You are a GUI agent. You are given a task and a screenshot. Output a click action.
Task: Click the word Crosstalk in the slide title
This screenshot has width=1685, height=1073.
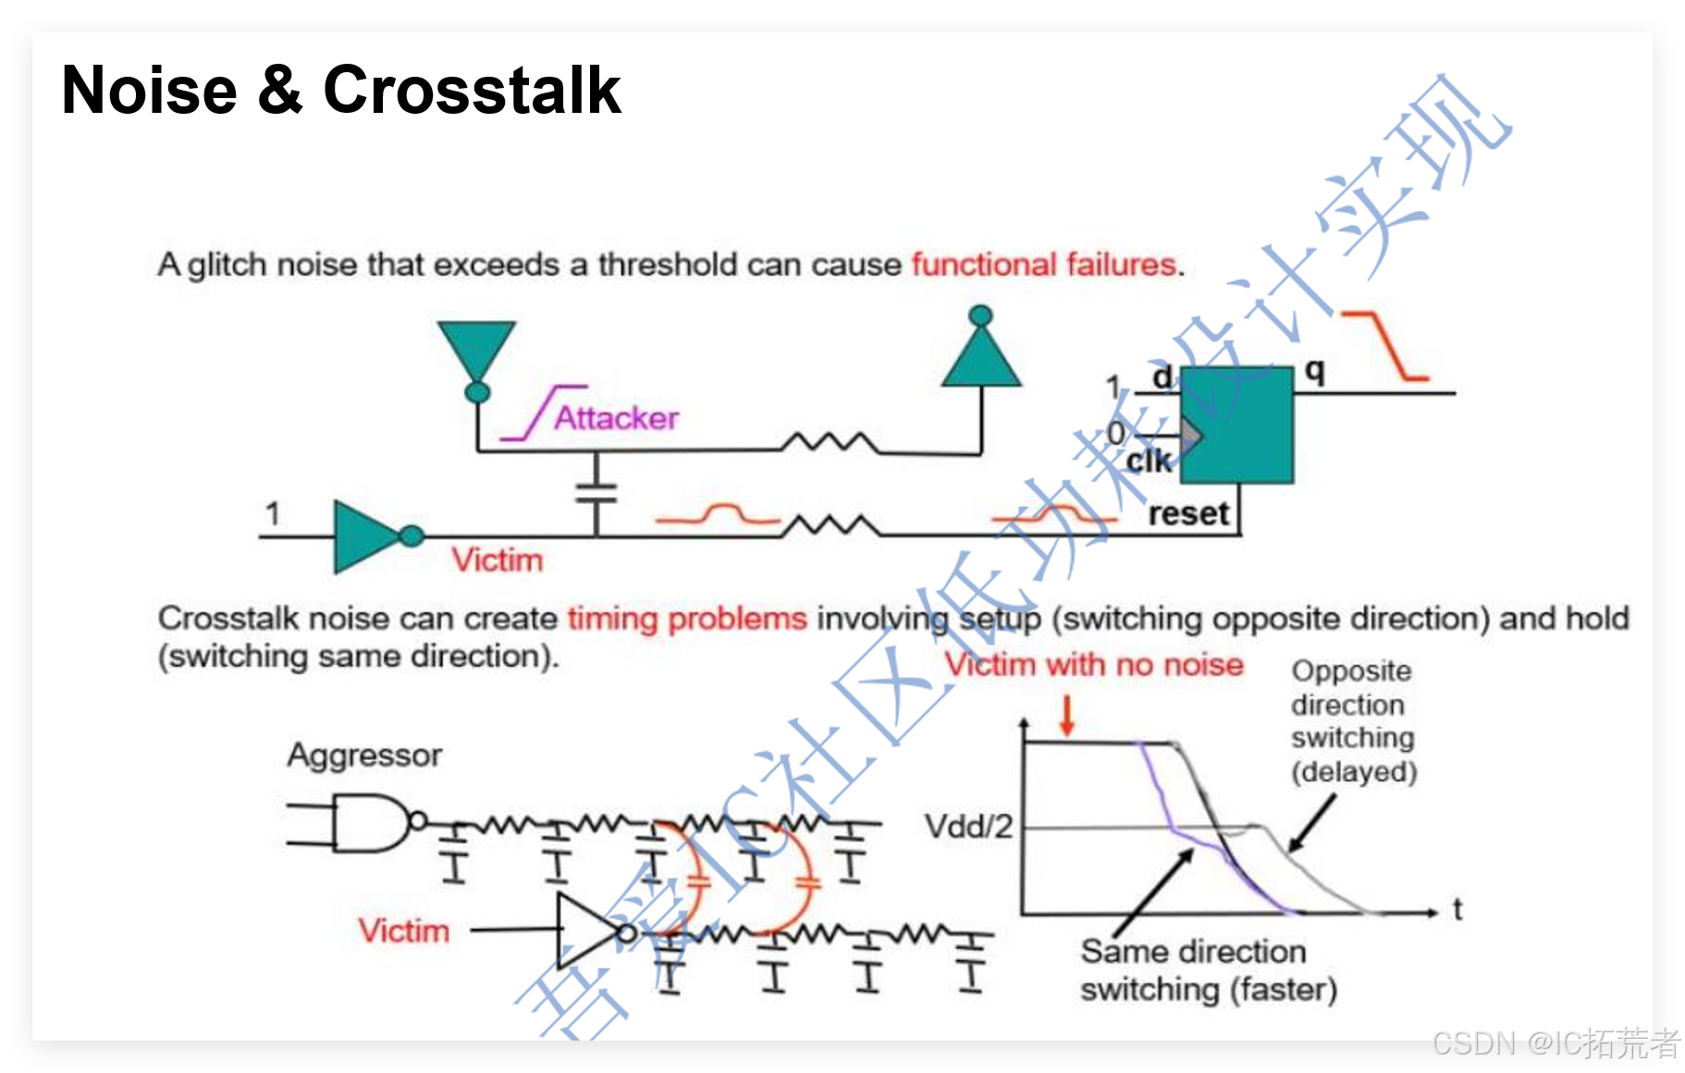[472, 91]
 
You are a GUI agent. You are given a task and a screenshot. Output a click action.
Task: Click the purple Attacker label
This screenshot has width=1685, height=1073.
[616, 418]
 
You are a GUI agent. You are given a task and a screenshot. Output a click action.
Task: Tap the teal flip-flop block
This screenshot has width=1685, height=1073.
[1236, 425]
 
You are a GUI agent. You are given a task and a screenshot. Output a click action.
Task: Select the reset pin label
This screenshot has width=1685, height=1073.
[1188, 513]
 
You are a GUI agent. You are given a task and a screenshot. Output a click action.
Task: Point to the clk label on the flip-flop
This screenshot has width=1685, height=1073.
[1149, 461]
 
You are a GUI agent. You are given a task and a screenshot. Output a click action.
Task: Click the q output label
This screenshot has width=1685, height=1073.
[1314, 371]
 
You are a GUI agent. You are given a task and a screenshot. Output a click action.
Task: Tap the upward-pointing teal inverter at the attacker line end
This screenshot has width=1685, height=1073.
[981, 357]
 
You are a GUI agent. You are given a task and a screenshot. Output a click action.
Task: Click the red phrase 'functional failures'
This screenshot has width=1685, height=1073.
[1043, 265]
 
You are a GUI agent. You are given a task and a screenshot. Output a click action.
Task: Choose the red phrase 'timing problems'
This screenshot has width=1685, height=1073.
[687, 618]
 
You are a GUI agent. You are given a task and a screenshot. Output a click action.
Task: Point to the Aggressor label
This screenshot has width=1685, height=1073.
[364, 756]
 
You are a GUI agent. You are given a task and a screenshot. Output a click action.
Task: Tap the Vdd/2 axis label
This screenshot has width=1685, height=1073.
[969, 826]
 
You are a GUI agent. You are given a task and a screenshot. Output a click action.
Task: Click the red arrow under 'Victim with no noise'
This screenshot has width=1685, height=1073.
[1067, 716]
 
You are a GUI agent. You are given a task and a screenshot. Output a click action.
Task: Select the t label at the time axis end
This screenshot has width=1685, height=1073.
[1457, 910]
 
